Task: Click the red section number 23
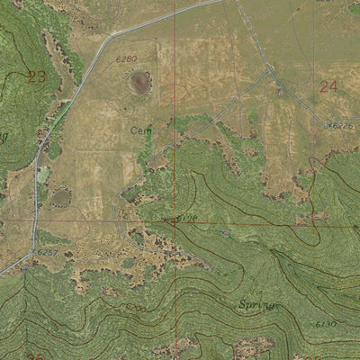coord(36,76)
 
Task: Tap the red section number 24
coord(328,86)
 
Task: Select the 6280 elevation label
coord(127,59)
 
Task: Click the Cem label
coord(140,130)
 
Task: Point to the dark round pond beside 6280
coord(139,83)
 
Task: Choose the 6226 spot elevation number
coord(343,126)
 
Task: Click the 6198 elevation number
coord(186,218)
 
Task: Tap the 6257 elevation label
coord(48,253)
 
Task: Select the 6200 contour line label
coord(136,308)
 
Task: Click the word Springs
coord(258,306)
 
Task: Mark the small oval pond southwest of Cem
coord(61,197)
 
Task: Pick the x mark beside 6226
coord(330,126)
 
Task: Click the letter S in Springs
coord(242,305)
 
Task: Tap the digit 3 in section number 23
coord(40,76)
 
